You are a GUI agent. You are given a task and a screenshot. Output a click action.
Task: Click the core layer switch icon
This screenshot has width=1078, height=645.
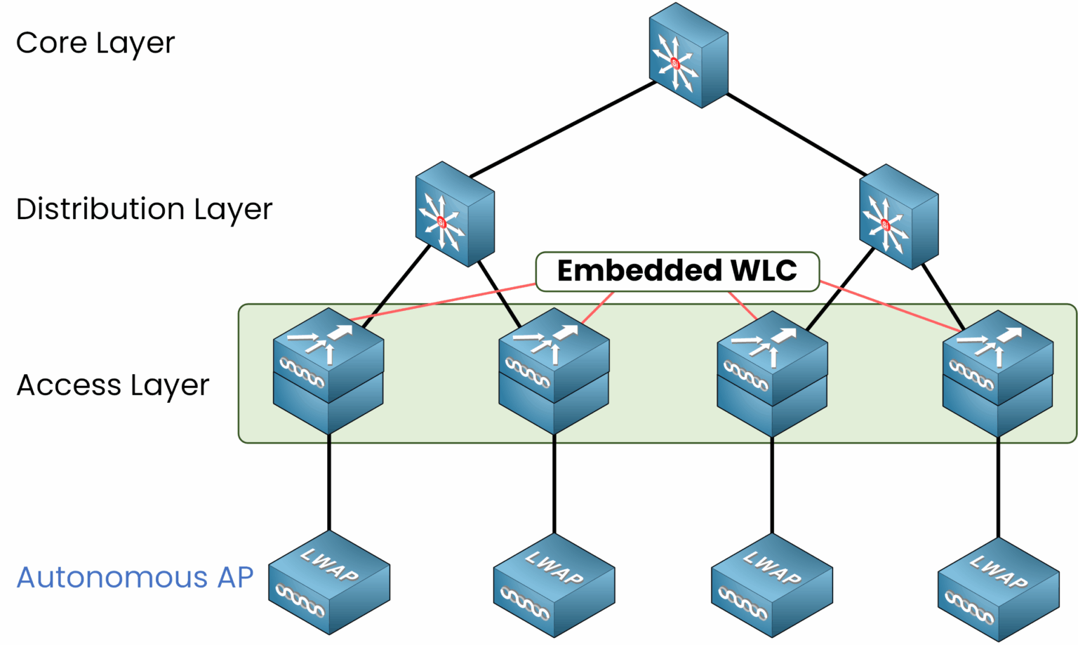click(x=688, y=56)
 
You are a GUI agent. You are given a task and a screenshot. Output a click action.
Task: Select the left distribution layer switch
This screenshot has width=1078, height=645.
click(x=455, y=215)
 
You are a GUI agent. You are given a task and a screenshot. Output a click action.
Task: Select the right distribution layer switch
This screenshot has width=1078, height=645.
click(x=898, y=218)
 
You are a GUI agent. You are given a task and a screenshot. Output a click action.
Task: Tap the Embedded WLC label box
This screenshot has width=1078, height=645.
click(x=677, y=271)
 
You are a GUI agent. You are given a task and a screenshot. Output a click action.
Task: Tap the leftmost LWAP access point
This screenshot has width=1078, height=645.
click(x=329, y=583)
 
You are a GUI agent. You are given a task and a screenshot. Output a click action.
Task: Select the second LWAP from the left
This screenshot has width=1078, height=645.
click(x=554, y=585)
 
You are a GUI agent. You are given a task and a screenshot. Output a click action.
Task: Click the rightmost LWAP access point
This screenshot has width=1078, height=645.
click(x=998, y=590)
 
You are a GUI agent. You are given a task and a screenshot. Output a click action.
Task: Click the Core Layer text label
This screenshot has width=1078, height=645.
click(x=95, y=44)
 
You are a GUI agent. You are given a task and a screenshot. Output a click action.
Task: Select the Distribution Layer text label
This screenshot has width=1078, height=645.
click(x=144, y=209)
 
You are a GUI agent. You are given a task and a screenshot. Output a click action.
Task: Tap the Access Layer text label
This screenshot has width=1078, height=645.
click(x=112, y=385)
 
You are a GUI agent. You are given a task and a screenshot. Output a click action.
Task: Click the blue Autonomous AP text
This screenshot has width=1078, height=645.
click(x=135, y=578)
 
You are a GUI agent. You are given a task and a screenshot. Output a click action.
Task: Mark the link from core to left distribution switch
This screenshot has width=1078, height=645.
click(x=561, y=129)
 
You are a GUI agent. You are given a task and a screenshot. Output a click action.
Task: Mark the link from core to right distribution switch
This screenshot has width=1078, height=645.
click(x=797, y=134)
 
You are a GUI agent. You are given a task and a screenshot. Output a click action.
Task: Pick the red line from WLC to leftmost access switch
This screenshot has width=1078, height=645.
click(x=442, y=302)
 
